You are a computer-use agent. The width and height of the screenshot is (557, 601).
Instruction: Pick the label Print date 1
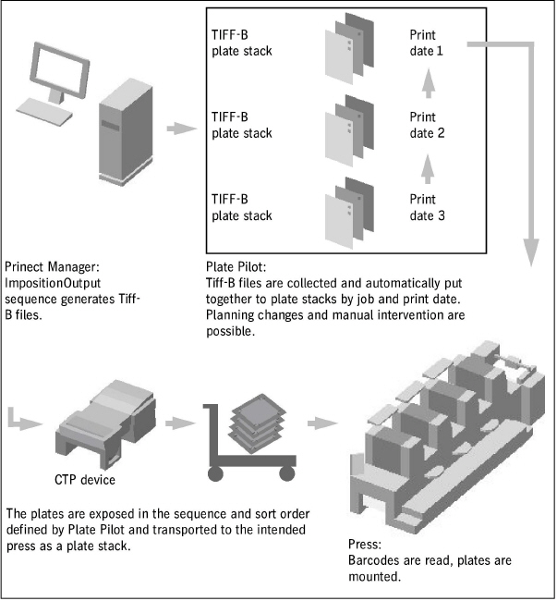point(427,43)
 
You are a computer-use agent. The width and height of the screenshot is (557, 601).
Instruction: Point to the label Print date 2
point(427,125)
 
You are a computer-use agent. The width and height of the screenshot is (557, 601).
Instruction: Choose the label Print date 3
point(427,206)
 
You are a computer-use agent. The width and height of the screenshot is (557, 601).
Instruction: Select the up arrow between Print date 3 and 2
point(428,167)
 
